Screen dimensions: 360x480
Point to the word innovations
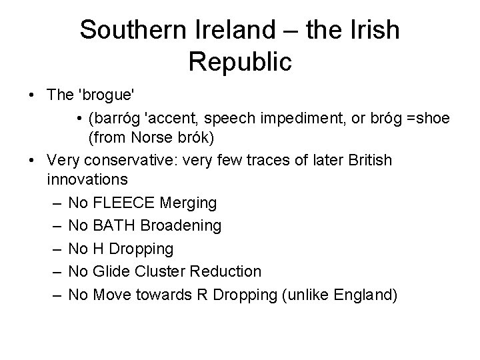coord(87,180)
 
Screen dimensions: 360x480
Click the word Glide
coord(111,271)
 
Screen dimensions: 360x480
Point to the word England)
coord(363,294)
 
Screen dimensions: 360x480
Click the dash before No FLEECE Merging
coord(53,202)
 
